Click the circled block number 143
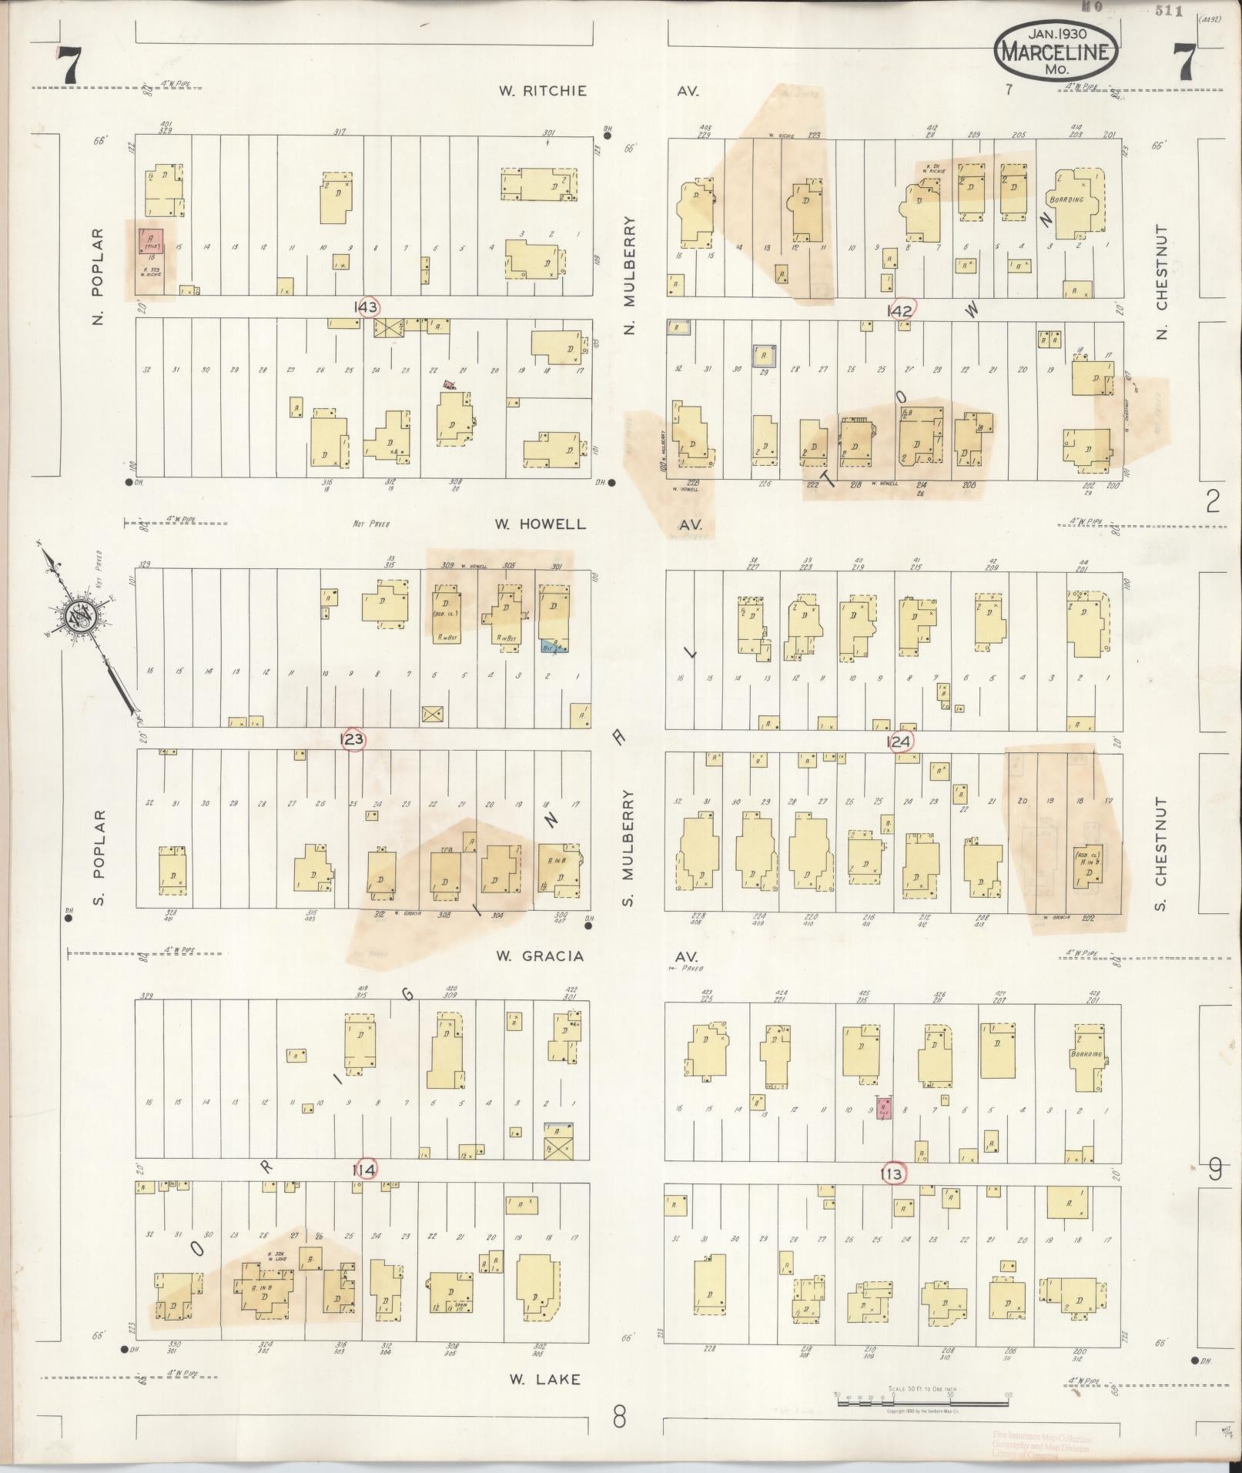coord(367,307)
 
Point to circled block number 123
coord(353,740)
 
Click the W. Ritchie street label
coord(542,91)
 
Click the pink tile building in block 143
coord(150,240)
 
